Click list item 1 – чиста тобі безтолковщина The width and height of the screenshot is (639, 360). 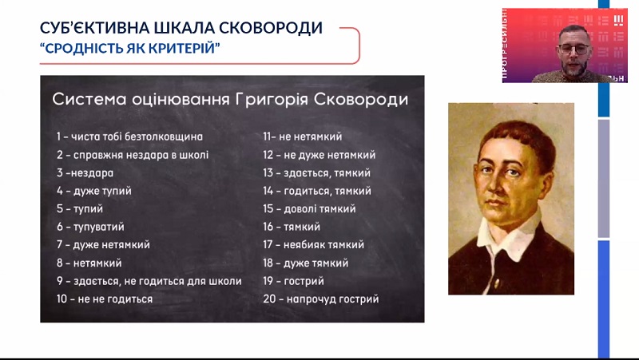pyautogui.click(x=129, y=136)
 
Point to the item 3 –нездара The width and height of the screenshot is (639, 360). pyautogui.click(x=85, y=173)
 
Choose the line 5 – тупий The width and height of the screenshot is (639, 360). pyautogui.click(x=80, y=209)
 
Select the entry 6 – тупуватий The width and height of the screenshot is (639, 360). pyautogui.click(x=90, y=227)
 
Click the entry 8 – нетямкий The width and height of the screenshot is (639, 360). pyautogui.click(x=89, y=263)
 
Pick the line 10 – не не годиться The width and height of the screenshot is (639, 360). pyautogui.click(x=105, y=299)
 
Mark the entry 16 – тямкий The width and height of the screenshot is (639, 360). pyautogui.click(x=292, y=227)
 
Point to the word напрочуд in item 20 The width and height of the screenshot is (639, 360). pyautogui.click(x=308, y=299)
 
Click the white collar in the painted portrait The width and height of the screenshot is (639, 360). pyautogui.click(x=510, y=236)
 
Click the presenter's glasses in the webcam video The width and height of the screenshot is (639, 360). pyautogui.click(x=574, y=49)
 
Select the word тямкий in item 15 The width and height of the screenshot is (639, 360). pyautogui.click(x=337, y=209)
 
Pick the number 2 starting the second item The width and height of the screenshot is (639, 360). pyautogui.click(x=60, y=155)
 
